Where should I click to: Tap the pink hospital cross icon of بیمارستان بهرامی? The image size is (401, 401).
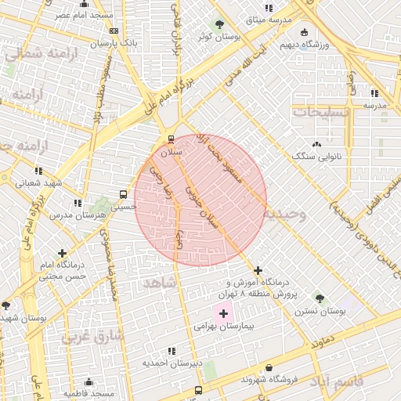223,313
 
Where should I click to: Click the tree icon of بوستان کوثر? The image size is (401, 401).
219,24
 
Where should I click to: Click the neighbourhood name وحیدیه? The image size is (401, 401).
284,212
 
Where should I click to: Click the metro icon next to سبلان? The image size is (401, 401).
170,139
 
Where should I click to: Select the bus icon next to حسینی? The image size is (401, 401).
123,194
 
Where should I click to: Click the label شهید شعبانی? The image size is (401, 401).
39,182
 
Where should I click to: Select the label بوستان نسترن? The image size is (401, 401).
320,310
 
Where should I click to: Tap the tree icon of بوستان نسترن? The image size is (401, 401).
320,297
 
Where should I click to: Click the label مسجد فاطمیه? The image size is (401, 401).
89,393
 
